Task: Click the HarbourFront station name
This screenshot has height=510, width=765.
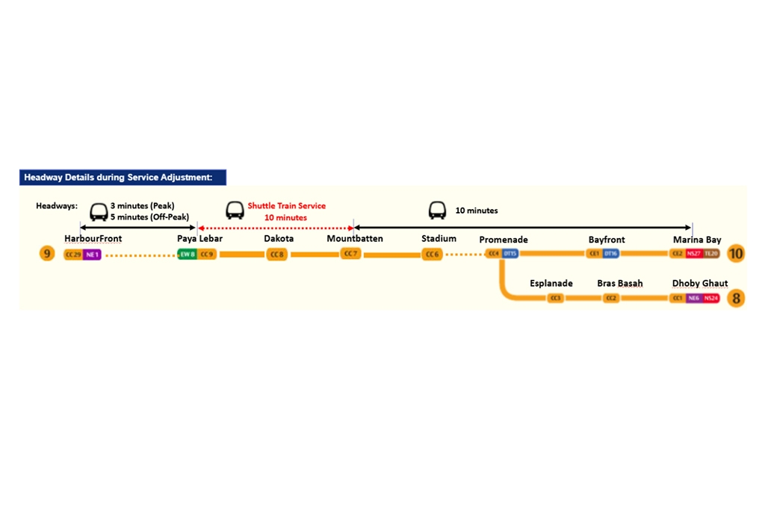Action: tap(93, 239)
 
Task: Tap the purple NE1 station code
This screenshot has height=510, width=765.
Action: tap(92, 255)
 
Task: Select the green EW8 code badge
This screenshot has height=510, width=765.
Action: tap(188, 255)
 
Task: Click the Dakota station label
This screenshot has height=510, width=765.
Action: tap(279, 239)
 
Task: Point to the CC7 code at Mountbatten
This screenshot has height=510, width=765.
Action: tap(350, 254)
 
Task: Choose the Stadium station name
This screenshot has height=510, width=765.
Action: tap(439, 239)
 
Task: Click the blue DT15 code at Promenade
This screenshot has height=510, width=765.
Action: tap(510, 254)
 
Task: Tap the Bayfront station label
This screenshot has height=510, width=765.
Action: tap(607, 240)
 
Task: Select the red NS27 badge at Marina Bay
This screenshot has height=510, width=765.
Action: tap(693, 254)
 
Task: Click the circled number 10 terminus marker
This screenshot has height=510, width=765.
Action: tap(736, 254)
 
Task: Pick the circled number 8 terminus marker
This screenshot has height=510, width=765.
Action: tap(737, 299)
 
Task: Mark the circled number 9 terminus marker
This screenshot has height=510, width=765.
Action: tap(47, 254)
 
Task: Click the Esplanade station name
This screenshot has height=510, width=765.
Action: tap(551, 284)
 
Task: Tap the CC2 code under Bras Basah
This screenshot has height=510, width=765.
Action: tap(611, 299)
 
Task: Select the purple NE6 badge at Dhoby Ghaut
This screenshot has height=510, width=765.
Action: tap(693, 299)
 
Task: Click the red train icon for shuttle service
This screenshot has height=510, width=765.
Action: tap(235, 211)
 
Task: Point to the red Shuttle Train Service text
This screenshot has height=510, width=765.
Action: tap(287, 206)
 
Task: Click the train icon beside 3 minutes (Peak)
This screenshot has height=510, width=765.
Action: tap(99, 211)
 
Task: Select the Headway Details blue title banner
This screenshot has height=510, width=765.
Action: tap(123, 177)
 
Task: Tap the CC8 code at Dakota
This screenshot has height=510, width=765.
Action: tap(277, 255)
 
